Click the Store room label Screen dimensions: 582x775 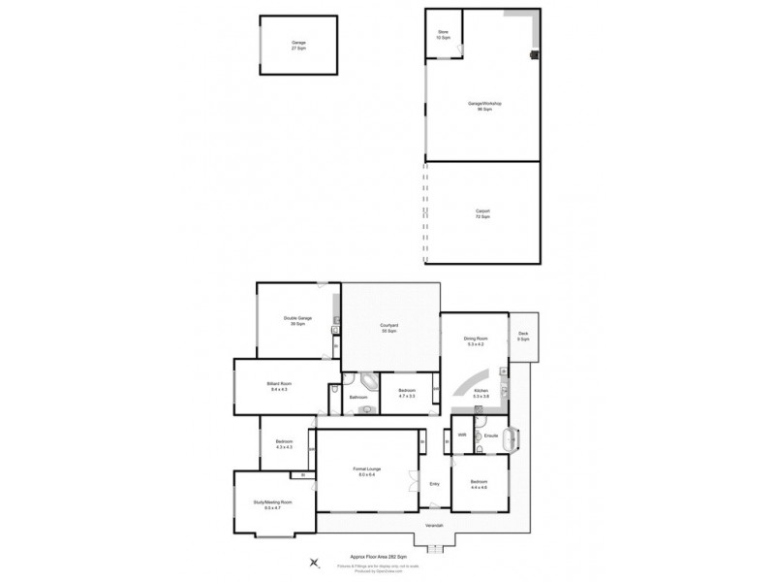point(443,35)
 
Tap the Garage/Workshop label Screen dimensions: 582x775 point(484,105)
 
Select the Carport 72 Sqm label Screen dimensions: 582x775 point(483,214)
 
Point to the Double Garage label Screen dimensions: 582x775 point(297,321)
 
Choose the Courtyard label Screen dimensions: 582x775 point(390,329)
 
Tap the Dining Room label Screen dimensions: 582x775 point(476,341)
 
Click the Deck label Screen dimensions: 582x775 point(523,337)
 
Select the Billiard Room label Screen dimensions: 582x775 point(279,386)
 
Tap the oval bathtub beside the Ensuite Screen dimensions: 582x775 point(514,441)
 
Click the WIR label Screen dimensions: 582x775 point(462,436)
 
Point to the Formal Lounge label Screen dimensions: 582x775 point(369,471)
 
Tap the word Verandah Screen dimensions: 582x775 point(432,527)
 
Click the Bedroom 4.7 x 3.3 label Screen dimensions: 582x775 point(407,394)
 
